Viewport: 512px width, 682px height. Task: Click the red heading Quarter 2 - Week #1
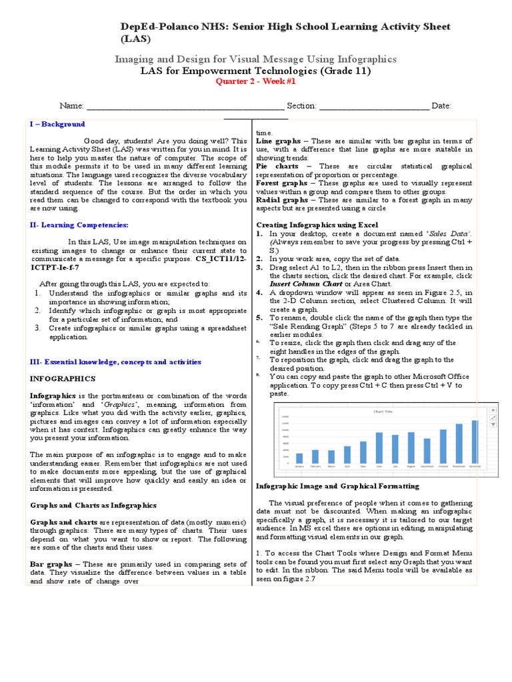(255, 82)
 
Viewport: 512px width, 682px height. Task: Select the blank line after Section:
(375, 107)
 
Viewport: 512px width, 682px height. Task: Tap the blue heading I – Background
(57, 125)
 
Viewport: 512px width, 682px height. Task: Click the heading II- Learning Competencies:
(79, 226)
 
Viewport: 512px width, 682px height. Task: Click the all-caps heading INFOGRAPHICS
(63, 378)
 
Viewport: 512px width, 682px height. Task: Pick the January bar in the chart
(299, 458)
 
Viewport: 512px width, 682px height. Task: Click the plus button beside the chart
(493, 411)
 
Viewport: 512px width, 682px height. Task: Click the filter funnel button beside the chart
(493, 424)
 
